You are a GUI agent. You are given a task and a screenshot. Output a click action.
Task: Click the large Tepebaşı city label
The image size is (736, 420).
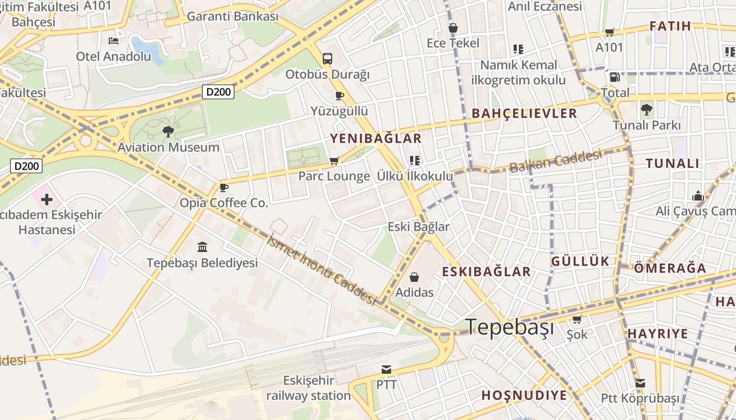[x=510, y=327]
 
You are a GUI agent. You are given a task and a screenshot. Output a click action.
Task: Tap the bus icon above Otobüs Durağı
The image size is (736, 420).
[x=328, y=58]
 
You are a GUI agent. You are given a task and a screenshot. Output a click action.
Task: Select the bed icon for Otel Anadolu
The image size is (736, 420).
[x=114, y=41]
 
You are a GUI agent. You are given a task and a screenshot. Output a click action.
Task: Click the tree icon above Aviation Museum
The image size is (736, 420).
[x=168, y=132]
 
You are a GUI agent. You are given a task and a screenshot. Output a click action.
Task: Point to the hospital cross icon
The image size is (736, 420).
[x=47, y=199]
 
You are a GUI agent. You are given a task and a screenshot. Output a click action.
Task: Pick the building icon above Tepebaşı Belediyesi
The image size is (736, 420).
[x=202, y=247]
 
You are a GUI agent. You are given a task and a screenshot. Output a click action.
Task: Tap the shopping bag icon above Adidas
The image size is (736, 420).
[x=414, y=277]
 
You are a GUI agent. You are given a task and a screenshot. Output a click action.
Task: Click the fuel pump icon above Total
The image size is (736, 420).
[x=614, y=77]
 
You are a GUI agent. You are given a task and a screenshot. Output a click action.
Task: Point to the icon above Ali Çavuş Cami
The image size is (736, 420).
[x=698, y=196]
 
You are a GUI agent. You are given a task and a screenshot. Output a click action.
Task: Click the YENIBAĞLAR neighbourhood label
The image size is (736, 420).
[x=375, y=139]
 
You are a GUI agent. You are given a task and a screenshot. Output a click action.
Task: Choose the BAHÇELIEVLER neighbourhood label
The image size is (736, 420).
[x=524, y=113]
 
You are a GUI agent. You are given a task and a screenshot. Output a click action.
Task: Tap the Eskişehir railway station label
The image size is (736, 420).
[x=308, y=388]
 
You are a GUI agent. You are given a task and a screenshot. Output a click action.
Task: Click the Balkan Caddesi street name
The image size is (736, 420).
[x=556, y=161]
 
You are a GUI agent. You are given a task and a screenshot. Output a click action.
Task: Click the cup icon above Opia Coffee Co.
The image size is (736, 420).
[x=224, y=187]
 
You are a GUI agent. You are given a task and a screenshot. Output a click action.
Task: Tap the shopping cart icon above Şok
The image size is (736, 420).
[x=577, y=319]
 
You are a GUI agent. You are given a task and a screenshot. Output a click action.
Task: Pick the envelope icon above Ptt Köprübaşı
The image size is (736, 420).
[x=640, y=383]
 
